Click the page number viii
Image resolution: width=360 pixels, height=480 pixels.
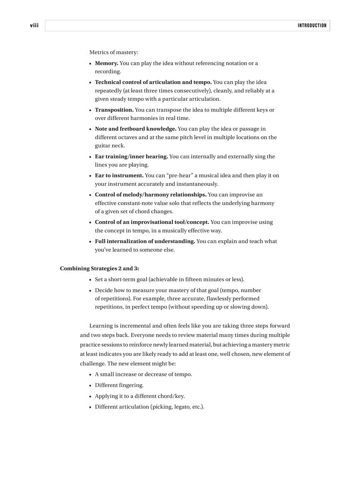coord(34,25)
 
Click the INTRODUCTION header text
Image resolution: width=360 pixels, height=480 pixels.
coord(312,26)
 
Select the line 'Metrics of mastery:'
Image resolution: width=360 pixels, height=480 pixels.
coord(113,52)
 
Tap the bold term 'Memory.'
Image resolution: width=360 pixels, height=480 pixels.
coord(106,63)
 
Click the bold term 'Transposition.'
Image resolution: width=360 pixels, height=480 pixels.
coord(114,110)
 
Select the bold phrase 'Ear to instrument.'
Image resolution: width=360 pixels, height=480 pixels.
coord(119,175)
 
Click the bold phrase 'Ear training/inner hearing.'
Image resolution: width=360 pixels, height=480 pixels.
coord(131,157)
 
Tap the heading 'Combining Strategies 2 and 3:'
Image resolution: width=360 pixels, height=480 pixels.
coord(99,268)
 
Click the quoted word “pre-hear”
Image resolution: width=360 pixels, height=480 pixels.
coord(180,175)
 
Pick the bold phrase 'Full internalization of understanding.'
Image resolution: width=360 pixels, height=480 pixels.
coord(145,241)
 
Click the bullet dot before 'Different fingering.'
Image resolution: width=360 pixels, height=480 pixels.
coord(90,385)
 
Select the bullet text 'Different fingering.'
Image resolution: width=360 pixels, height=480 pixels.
coord(119,385)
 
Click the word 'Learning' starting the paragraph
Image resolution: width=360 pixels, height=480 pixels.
coord(101,326)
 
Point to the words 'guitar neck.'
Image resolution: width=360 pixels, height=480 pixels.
coord(110,146)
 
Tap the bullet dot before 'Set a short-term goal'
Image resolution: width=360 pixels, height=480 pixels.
coord(90,280)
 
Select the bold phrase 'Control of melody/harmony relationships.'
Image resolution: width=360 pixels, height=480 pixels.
coord(150,195)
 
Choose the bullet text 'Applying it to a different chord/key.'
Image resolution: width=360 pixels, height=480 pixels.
coord(140,396)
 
